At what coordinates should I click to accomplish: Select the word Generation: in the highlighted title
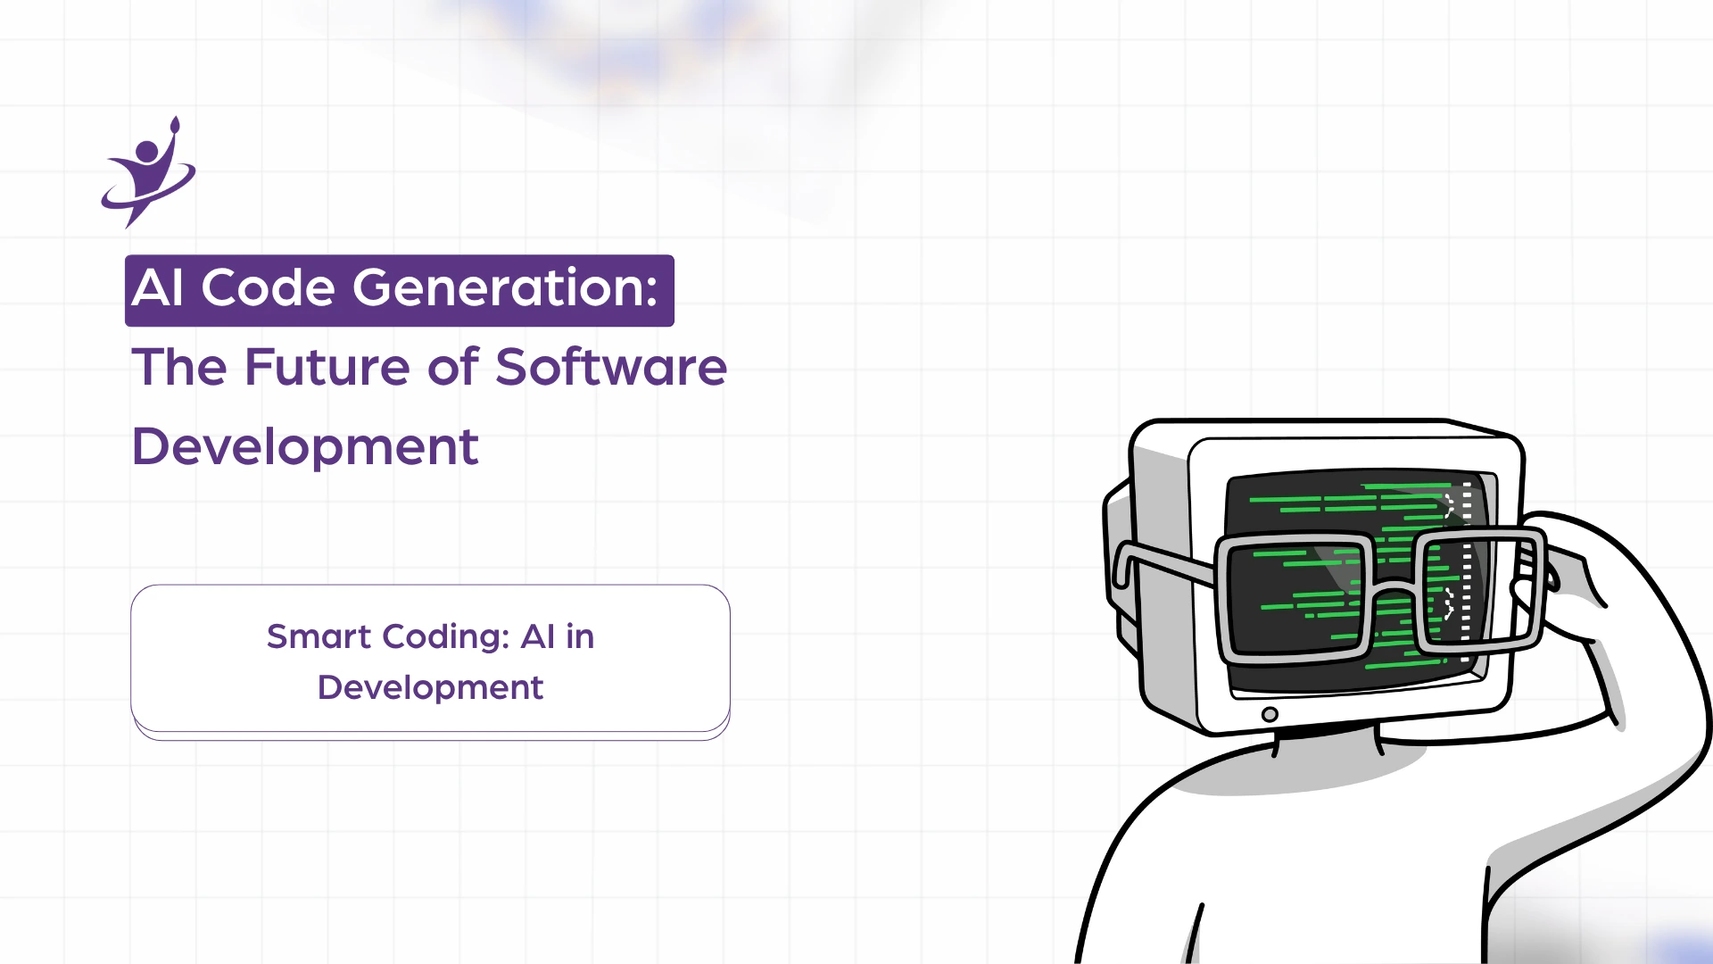click(x=505, y=288)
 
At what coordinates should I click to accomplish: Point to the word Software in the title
click(x=611, y=367)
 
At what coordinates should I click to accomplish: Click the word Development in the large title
click(x=305, y=447)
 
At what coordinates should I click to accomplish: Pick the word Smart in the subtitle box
click(x=319, y=637)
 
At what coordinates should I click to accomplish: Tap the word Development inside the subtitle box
click(x=430, y=688)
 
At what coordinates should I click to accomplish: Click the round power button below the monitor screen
click(x=1270, y=714)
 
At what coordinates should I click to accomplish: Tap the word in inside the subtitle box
click(x=580, y=637)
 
